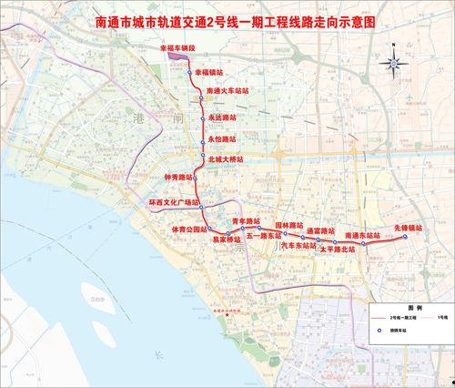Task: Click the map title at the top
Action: coord(227,19)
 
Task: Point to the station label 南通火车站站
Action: coord(227,91)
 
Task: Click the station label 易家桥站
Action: coord(227,240)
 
